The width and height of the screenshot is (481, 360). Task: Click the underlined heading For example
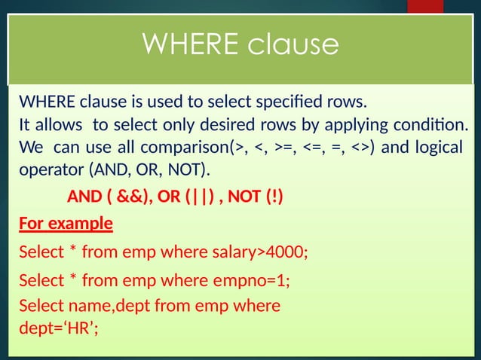[x=66, y=224]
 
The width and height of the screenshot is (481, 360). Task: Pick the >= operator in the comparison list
[x=283, y=146]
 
